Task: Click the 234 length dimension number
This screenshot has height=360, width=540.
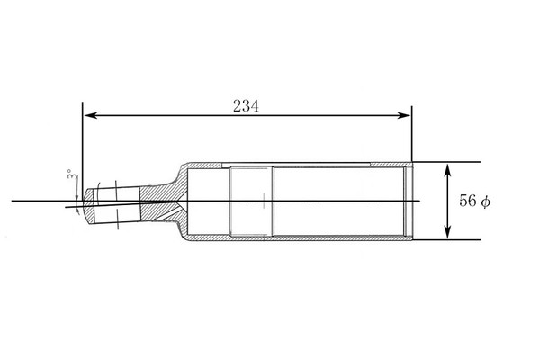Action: click(x=246, y=106)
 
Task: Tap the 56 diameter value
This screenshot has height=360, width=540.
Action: click(x=468, y=201)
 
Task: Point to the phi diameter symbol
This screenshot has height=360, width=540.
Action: click(x=486, y=202)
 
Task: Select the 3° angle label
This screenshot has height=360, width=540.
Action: click(x=72, y=175)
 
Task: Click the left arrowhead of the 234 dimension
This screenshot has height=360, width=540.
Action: click(x=90, y=115)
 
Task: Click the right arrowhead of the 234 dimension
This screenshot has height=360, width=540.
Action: click(x=404, y=115)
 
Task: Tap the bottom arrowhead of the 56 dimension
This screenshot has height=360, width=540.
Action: click(x=447, y=231)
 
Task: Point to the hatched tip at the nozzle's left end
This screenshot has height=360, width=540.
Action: click(x=88, y=206)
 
